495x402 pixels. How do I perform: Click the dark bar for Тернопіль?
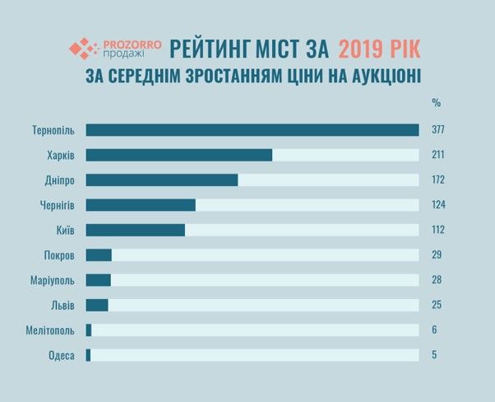[252, 130]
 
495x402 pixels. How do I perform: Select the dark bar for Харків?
[178, 155]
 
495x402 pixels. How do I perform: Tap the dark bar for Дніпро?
[161, 180]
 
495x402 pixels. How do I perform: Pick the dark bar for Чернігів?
[140, 205]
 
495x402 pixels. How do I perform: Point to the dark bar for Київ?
[135, 230]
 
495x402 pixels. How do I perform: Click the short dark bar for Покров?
[98, 255]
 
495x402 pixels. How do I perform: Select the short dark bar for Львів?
[96, 305]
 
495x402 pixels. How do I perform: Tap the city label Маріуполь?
[52, 280]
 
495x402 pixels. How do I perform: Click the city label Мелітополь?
[50, 330]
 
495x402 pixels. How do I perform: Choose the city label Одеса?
[62, 356]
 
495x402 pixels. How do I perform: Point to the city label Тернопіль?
[53, 130]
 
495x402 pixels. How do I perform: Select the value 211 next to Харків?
[437, 155]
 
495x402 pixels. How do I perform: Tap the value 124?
[437, 205]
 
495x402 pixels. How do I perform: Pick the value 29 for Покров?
[436, 255]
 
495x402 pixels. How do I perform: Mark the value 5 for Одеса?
[433, 356]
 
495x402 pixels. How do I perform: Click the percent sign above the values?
[436, 103]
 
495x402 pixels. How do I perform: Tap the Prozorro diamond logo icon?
[82, 49]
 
